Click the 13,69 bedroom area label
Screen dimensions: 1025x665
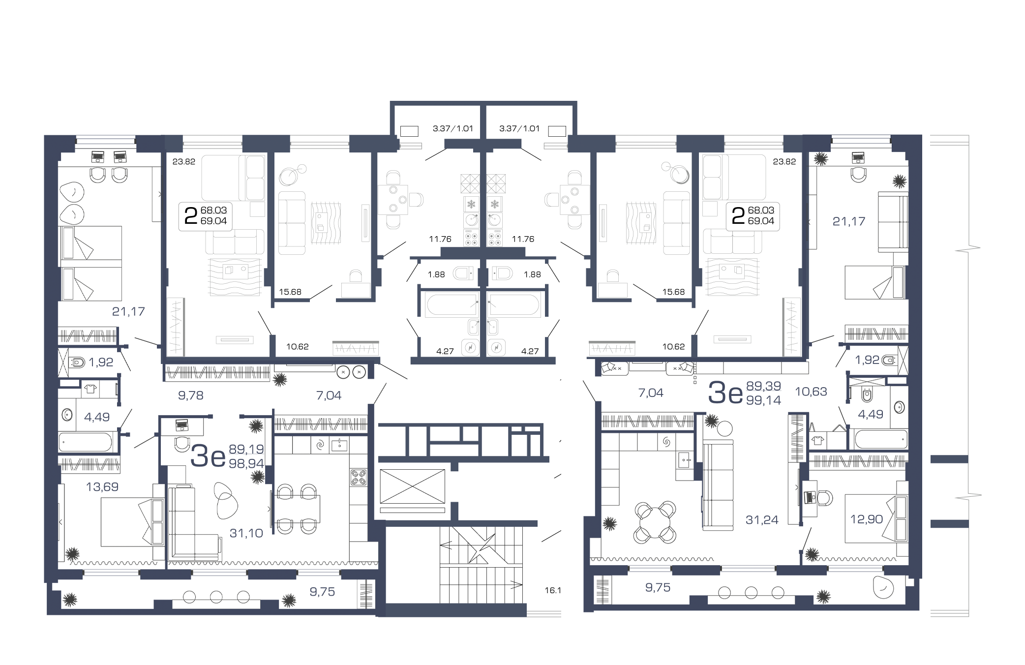pyautogui.click(x=102, y=487)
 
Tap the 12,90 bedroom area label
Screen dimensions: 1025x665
pyautogui.click(x=867, y=519)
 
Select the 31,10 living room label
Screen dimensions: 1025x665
pyautogui.click(x=246, y=533)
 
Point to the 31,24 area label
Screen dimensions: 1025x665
pyautogui.click(x=762, y=520)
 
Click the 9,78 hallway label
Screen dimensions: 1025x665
pyautogui.click(x=191, y=395)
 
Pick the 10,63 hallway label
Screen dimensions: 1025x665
pyautogui.click(x=811, y=392)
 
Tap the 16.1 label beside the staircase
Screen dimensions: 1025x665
pyautogui.click(x=553, y=590)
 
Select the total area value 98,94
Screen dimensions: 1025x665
pyautogui.click(x=246, y=463)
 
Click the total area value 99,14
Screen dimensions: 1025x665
pyautogui.click(x=764, y=400)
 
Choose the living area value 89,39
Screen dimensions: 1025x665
pyautogui.click(x=764, y=386)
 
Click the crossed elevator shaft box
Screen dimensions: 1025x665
pyautogui.click(x=412, y=486)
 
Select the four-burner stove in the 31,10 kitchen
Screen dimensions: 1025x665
pyautogui.click(x=359, y=477)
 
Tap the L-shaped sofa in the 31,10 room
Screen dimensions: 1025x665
pyautogui.click(x=194, y=523)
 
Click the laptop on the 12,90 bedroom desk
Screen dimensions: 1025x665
pyautogui.click(x=809, y=497)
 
